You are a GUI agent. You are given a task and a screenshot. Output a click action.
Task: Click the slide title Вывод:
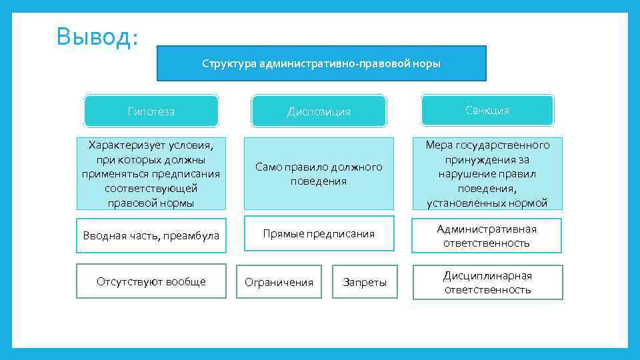click(97, 37)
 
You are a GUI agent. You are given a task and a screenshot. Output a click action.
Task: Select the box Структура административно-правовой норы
click(321, 63)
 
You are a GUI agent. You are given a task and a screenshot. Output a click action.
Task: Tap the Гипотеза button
click(151, 111)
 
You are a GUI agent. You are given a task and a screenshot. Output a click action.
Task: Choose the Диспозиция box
click(319, 111)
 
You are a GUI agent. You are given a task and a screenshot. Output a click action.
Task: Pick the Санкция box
click(487, 111)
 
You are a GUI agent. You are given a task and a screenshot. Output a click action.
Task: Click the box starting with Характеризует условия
click(151, 173)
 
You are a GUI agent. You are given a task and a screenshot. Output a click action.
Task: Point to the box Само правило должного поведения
click(319, 173)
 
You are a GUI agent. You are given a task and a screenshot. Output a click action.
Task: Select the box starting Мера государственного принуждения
click(487, 173)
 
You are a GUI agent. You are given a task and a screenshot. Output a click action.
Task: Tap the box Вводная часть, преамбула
click(151, 235)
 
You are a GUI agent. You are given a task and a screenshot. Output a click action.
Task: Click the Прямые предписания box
click(319, 234)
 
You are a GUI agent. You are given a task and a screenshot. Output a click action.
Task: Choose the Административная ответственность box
click(487, 236)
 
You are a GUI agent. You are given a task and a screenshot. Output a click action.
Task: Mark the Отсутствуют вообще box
click(151, 281)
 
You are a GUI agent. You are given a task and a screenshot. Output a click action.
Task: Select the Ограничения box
click(279, 282)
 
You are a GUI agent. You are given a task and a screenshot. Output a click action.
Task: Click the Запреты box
click(365, 282)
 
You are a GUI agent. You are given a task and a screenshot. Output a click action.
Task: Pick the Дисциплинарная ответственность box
click(487, 283)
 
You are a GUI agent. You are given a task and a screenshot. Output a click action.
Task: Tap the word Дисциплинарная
click(488, 276)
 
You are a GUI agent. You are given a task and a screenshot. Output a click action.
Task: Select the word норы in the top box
click(427, 64)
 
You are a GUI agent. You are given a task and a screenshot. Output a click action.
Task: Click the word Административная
click(487, 229)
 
